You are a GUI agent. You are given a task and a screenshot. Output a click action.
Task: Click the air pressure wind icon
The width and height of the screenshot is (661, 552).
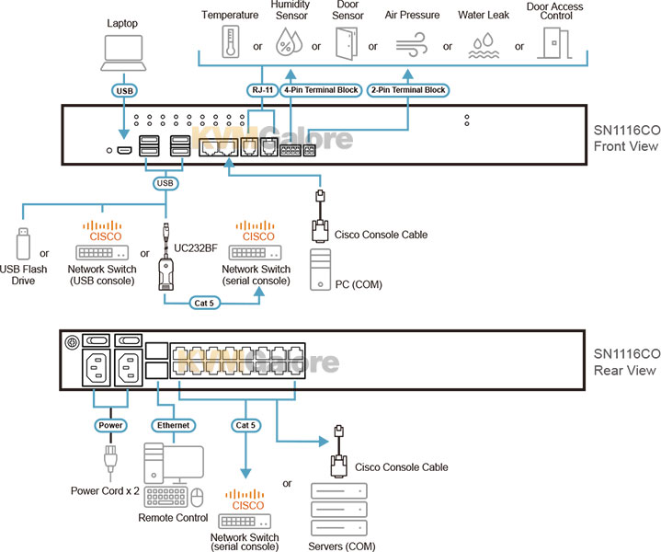tap(409, 43)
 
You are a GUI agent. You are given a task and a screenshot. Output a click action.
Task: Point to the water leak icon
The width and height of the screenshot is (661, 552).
tap(483, 43)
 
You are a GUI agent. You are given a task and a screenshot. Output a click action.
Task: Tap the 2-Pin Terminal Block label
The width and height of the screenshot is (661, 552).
tap(407, 90)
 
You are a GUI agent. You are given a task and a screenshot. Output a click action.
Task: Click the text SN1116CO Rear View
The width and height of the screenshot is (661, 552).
tap(624, 362)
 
